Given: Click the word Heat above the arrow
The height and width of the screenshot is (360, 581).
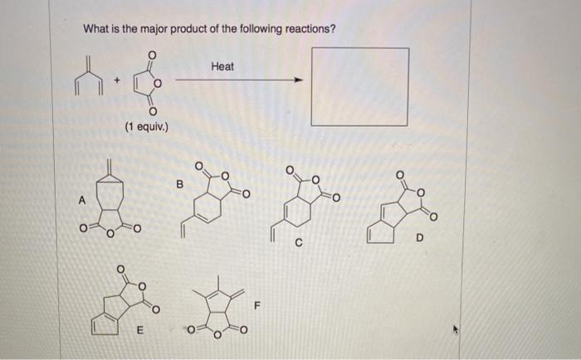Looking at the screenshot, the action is point(222,65).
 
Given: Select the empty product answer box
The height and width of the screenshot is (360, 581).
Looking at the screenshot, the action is point(359,86).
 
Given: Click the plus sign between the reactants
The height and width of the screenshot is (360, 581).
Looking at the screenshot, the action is point(118,80).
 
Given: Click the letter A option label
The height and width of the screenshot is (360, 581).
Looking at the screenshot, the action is point(81,199).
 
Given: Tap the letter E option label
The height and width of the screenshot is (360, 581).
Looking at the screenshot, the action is point(140,328).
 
